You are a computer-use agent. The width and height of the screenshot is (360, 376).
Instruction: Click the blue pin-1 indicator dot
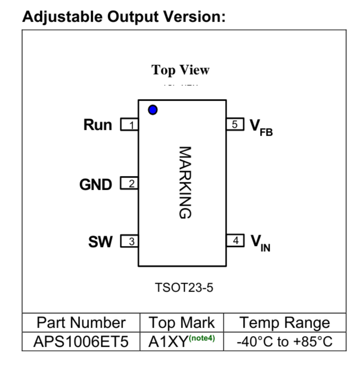coord(153,110)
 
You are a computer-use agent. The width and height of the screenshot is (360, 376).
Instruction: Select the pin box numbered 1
coord(130,125)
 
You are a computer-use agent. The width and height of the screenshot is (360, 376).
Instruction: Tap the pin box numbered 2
coord(129,183)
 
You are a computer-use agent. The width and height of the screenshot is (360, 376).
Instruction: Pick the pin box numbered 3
coord(130,241)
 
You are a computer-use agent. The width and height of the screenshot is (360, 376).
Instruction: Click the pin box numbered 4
coord(235,240)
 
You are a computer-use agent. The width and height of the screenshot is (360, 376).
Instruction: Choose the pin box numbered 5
coord(235,124)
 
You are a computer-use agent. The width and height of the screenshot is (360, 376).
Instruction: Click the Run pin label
coord(98,125)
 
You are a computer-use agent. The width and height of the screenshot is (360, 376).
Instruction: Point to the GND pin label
coord(96,185)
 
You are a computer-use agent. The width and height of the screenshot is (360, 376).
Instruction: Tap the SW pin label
coord(100,241)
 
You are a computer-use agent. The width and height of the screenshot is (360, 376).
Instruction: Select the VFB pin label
coord(261,128)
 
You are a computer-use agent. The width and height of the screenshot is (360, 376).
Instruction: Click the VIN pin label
coord(261,243)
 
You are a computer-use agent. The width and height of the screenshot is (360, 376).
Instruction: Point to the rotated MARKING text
coord(185,182)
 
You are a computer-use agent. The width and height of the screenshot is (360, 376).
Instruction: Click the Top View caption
coord(181,70)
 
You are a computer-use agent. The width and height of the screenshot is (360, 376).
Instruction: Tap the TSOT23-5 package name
coord(184,287)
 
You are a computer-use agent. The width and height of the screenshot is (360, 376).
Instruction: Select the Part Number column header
coord(81,322)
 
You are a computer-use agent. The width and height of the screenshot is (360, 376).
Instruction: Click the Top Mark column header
coord(182,322)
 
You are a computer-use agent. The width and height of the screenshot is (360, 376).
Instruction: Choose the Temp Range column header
coord(285,323)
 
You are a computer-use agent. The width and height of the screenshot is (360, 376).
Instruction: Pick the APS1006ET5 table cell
coord(81,342)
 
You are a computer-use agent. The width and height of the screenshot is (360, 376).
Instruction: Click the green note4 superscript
coord(202,338)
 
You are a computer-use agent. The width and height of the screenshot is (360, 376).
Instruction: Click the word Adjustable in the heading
coord(63,18)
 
